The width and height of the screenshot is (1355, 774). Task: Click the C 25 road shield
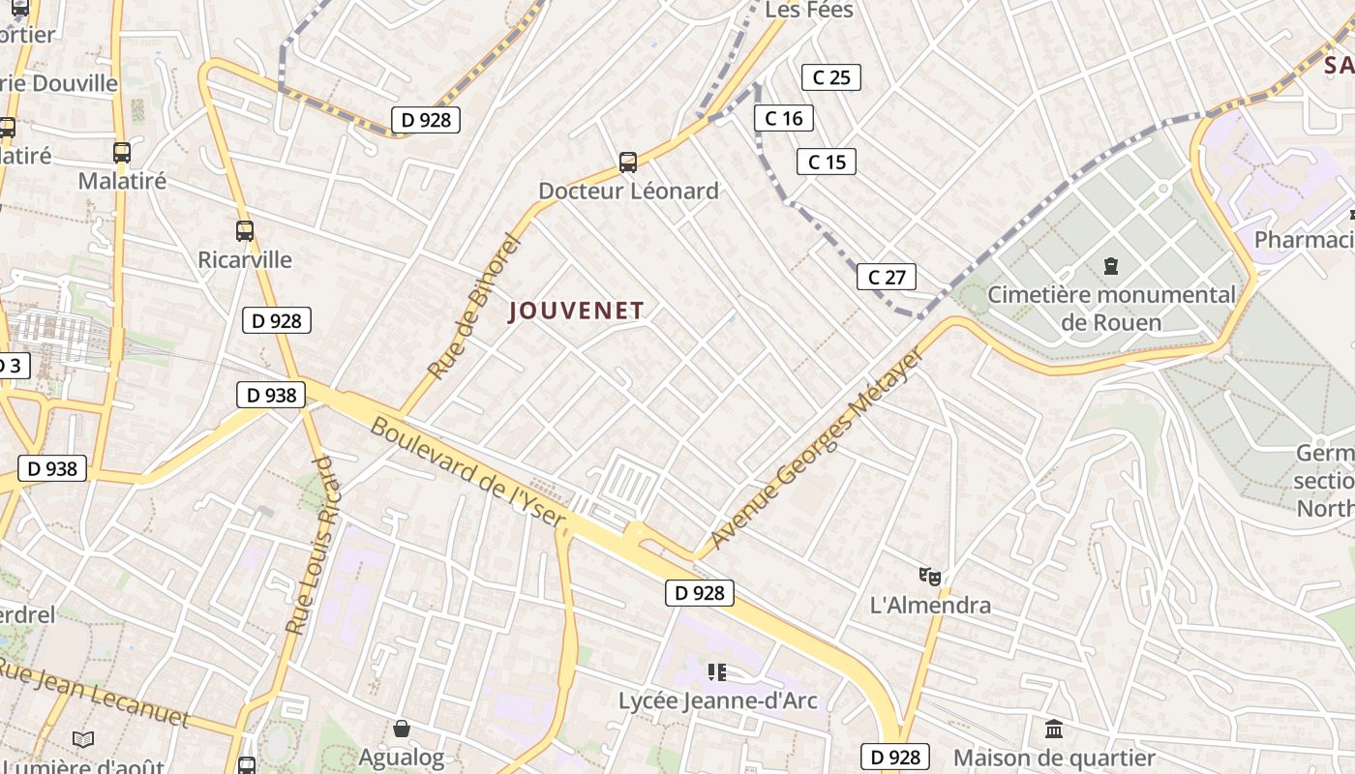point(831,77)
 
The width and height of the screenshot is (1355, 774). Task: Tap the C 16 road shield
point(784,118)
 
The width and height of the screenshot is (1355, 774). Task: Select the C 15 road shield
point(827,162)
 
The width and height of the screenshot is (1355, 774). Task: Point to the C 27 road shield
point(887,278)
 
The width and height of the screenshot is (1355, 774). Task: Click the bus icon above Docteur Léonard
point(628,162)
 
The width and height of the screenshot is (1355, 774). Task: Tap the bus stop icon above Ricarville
point(245,231)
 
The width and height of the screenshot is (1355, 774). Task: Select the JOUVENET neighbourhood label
point(577,311)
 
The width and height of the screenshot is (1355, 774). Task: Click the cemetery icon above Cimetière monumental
point(1111,265)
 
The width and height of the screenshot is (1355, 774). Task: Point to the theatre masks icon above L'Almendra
point(930,577)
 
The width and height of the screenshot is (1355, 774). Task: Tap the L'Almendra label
point(930,606)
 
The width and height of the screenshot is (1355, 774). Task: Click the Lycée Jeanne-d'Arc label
point(718,700)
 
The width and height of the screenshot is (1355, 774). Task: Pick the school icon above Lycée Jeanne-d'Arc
point(717,671)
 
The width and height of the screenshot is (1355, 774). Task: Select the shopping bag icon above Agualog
point(402,729)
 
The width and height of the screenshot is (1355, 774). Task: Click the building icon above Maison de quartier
point(1054,729)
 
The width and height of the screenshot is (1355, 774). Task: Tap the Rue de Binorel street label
point(474,307)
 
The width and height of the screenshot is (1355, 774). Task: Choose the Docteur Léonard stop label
point(628,191)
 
